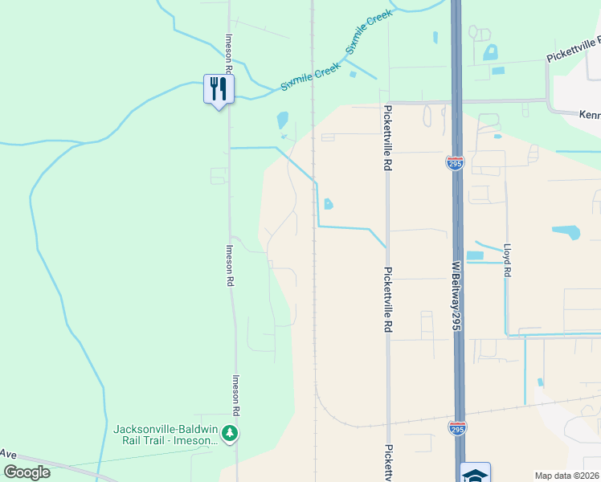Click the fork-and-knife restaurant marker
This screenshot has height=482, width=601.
(218, 88)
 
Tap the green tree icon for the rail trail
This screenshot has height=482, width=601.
(231, 434)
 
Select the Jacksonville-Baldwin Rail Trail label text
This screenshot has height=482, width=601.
(166, 434)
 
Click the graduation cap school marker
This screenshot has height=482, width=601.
(475, 474)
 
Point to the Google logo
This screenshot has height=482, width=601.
(27, 472)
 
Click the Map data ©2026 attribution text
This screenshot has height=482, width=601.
(566, 476)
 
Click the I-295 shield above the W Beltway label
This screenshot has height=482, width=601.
(455, 164)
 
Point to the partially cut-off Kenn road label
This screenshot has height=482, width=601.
(590, 115)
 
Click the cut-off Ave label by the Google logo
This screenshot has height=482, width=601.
(8, 454)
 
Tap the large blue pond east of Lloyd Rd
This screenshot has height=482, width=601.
(566, 232)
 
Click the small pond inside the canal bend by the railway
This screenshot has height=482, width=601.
(328, 204)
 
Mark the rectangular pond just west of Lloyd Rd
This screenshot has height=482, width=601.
(475, 256)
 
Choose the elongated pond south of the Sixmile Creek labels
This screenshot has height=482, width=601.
(282, 120)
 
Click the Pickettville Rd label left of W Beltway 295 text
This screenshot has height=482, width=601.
(388, 300)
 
